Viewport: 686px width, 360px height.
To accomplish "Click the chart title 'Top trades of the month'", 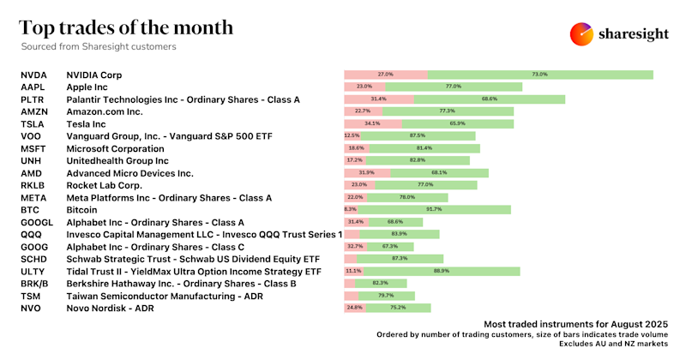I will click(126, 27).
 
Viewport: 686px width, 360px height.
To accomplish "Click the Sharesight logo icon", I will click(582, 34).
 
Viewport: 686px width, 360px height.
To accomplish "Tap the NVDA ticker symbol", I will click(35, 75).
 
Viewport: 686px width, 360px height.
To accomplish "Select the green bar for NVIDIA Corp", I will click(540, 75).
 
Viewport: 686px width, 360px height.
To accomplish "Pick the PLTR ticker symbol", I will click(34, 99).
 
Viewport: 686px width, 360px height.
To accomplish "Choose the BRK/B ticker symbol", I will click(36, 284).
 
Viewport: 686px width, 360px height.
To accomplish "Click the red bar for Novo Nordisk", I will click(354, 308).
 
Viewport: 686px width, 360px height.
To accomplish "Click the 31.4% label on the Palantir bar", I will click(378, 99).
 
